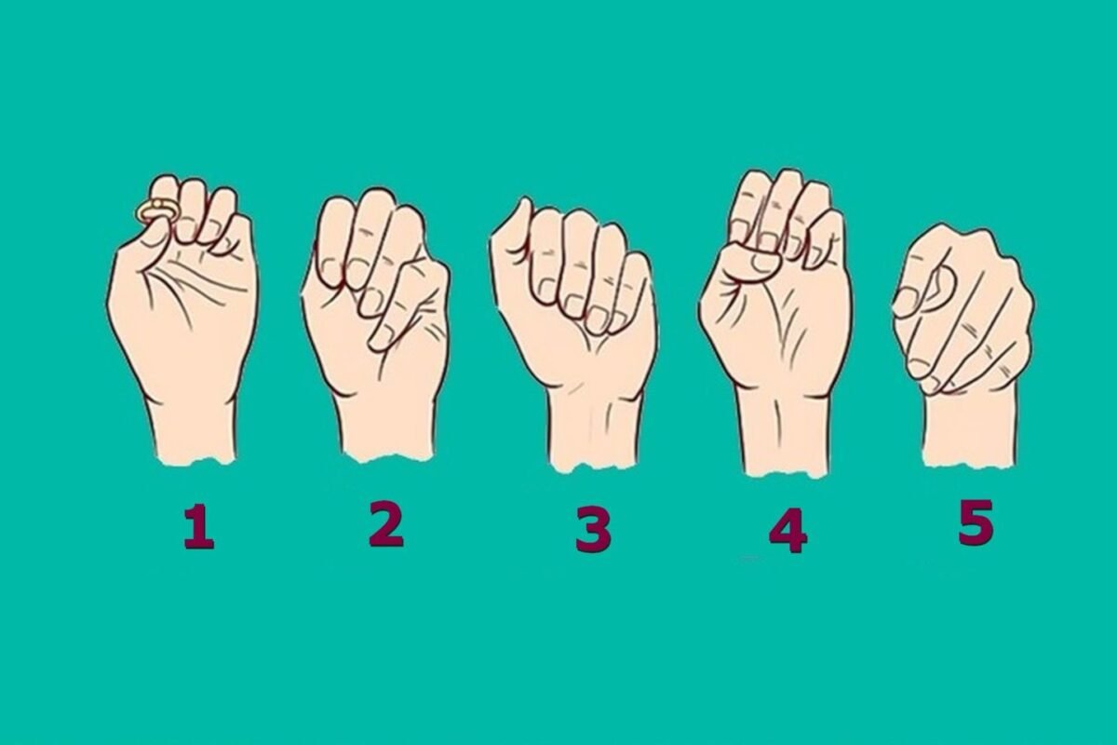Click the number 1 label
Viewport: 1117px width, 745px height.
tap(199, 526)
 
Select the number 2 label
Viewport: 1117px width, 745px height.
tap(386, 524)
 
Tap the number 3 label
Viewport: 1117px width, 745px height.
tap(594, 529)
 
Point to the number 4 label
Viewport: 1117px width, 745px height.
tap(787, 531)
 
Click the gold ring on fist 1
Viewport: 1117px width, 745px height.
tap(152, 211)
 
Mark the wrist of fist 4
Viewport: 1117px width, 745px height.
tap(783, 434)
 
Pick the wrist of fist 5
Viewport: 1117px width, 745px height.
tap(970, 429)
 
